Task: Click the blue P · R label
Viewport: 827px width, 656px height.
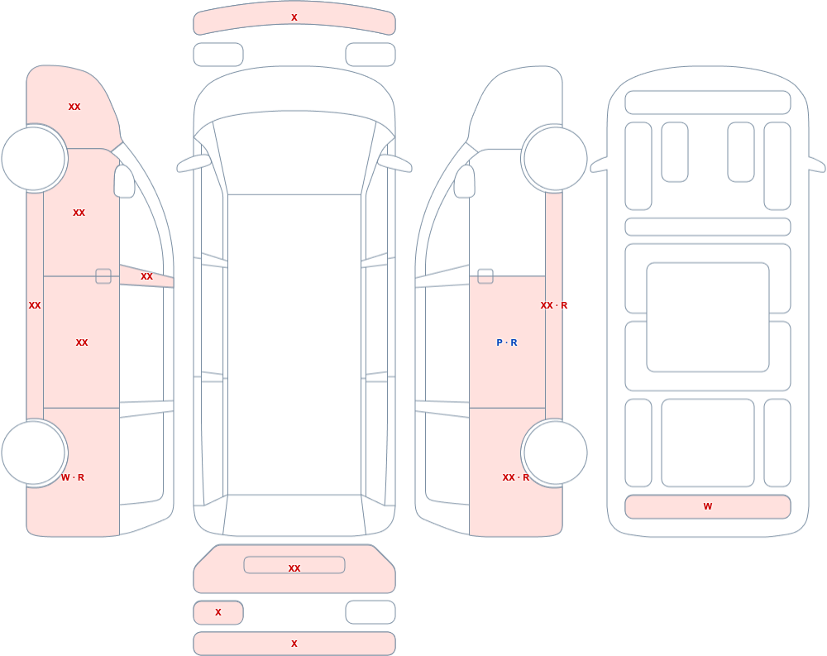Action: tap(507, 342)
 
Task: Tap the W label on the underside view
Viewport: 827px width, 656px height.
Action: tap(708, 506)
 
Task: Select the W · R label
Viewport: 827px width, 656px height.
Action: tap(73, 477)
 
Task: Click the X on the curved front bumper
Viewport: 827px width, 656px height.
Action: tap(294, 18)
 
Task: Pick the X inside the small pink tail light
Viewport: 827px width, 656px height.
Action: tap(218, 613)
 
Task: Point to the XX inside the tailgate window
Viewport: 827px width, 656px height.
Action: tap(294, 568)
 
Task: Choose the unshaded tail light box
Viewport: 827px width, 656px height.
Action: tap(370, 612)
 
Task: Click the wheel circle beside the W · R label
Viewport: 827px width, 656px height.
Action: tap(34, 452)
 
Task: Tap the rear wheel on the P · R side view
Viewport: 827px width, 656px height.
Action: tap(555, 452)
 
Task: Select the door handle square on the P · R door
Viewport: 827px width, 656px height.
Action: tap(485, 276)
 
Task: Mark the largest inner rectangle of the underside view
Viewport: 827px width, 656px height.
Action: tap(708, 317)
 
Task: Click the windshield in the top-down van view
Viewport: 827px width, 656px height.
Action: tap(294, 152)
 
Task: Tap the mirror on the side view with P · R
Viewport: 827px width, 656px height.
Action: tap(465, 181)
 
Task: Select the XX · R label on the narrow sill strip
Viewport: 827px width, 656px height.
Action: tap(554, 305)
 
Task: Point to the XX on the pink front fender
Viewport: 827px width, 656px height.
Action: tap(74, 108)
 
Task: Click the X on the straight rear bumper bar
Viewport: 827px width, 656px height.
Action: tap(294, 644)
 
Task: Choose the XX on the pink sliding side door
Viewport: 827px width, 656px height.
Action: tap(82, 343)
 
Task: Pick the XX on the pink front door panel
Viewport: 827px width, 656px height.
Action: tap(79, 213)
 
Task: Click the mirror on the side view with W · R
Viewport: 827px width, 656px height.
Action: tap(125, 181)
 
